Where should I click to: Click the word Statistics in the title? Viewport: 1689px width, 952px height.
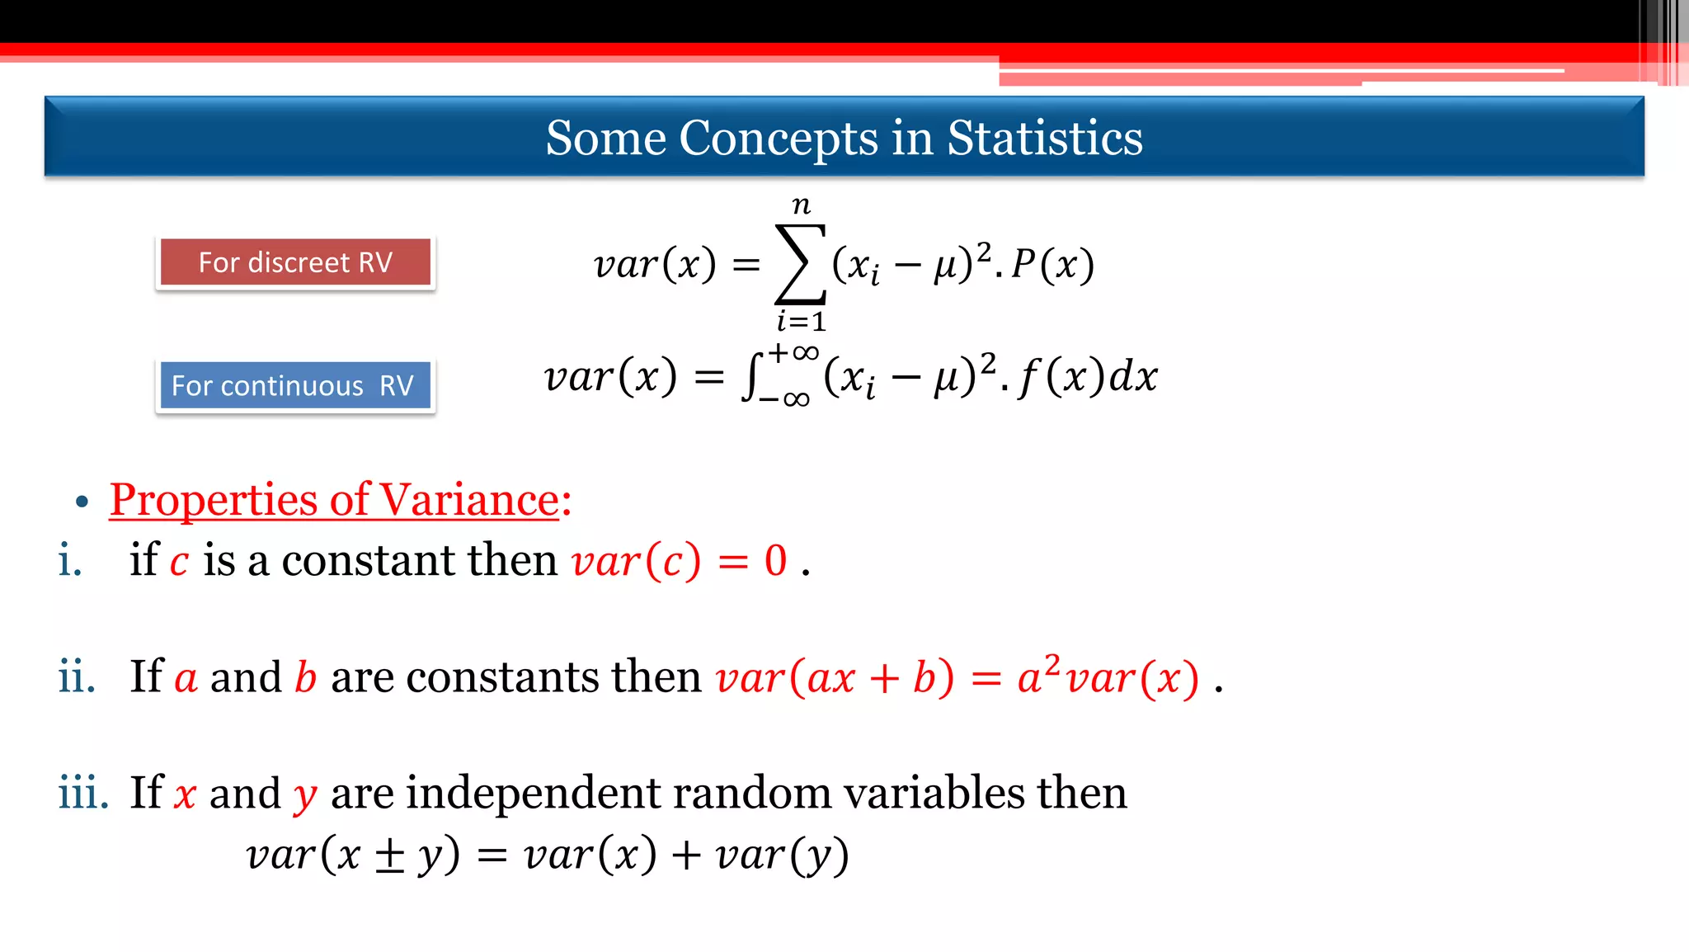point(1044,138)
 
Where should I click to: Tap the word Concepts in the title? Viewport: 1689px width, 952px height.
point(779,138)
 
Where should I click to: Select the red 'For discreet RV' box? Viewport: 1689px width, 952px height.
point(295,262)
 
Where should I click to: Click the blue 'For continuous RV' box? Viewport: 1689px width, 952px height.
point(295,385)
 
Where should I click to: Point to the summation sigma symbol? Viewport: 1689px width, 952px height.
point(799,264)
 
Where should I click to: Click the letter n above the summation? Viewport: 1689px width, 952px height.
point(801,204)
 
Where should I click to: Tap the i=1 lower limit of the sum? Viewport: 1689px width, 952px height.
point(801,321)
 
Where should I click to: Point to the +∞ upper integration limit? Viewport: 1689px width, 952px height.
point(793,353)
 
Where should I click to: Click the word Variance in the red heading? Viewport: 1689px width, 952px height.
point(469,500)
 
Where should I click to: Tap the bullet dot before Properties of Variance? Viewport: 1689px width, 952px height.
point(81,502)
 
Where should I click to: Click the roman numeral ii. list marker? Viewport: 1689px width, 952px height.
point(76,676)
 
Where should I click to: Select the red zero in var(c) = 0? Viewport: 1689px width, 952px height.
point(775,561)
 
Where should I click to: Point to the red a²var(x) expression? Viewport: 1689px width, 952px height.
point(1108,677)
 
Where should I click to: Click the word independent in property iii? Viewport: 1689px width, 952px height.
point(533,793)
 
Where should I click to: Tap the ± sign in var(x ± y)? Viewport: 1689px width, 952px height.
point(389,855)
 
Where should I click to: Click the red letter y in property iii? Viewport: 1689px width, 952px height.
point(305,795)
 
